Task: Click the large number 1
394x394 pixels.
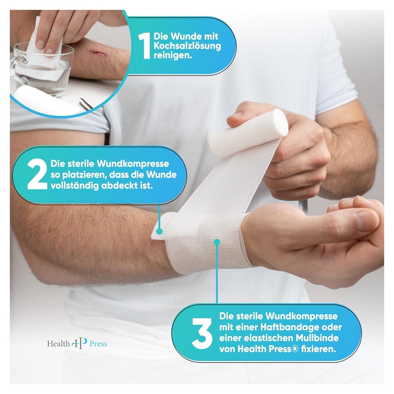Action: pyautogui.click(x=144, y=46)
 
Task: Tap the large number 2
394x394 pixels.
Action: pyautogui.click(x=37, y=174)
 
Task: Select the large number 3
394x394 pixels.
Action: pyautogui.click(x=202, y=333)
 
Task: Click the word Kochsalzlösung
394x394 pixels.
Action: pyautogui.click(x=187, y=46)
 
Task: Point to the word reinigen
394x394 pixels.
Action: pyautogui.click(x=173, y=55)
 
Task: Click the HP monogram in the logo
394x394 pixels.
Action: pyautogui.click(x=79, y=343)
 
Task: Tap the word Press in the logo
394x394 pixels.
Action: pyautogui.click(x=98, y=344)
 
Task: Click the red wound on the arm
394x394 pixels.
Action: pyautogui.click(x=98, y=53)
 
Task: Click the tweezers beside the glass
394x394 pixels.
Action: pyautogui.click(x=85, y=103)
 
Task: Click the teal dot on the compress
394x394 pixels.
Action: pyautogui.click(x=159, y=231)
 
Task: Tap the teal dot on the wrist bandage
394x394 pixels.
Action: pyautogui.click(x=217, y=242)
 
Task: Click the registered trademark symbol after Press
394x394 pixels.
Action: pyautogui.click(x=295, y=349)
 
